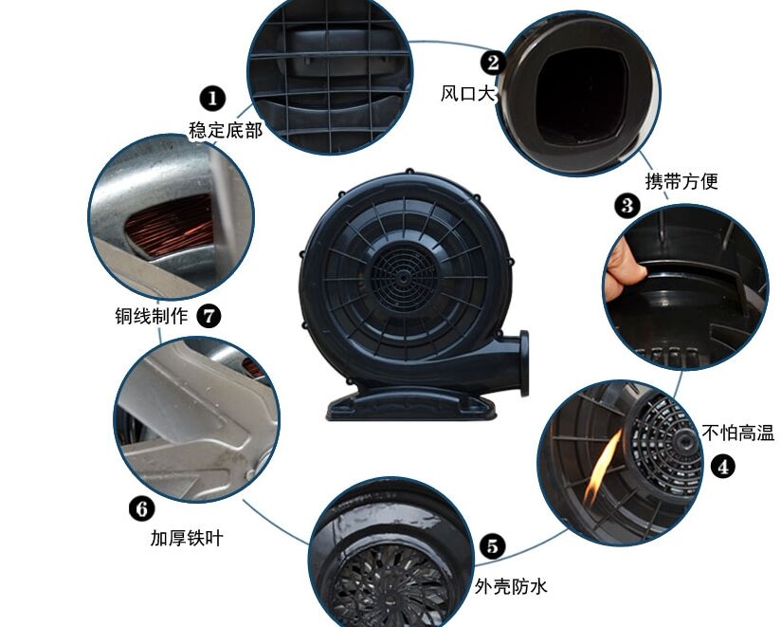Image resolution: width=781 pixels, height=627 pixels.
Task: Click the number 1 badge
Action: (x=212, y=99)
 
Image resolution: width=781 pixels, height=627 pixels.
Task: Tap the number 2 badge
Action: (x=493, y=63)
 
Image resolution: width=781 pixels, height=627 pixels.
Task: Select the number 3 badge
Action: (x=627, y=205)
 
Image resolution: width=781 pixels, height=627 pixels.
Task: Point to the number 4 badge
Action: (x=723, y=467)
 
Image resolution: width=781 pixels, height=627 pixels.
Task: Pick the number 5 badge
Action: (x=492, y=546)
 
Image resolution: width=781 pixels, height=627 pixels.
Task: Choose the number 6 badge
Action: (x=142, y=508)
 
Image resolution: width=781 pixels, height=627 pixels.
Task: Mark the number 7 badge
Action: (x=209, y=316)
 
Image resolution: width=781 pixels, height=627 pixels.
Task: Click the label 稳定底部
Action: (x=226, y=131)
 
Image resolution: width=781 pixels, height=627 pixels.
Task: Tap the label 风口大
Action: (x=467, y=93)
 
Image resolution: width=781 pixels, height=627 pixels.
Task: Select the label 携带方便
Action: (x=681, y=181)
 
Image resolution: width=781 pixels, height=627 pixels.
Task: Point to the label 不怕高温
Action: (x=737, y=433)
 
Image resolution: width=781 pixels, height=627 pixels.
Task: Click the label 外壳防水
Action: (x=511, y=586)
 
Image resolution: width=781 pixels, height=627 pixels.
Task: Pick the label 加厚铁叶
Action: (x=187, y=538)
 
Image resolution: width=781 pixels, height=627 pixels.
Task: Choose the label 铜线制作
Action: (x=152, y=316)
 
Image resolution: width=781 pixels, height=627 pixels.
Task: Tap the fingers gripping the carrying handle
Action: (x=624, y=269)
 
